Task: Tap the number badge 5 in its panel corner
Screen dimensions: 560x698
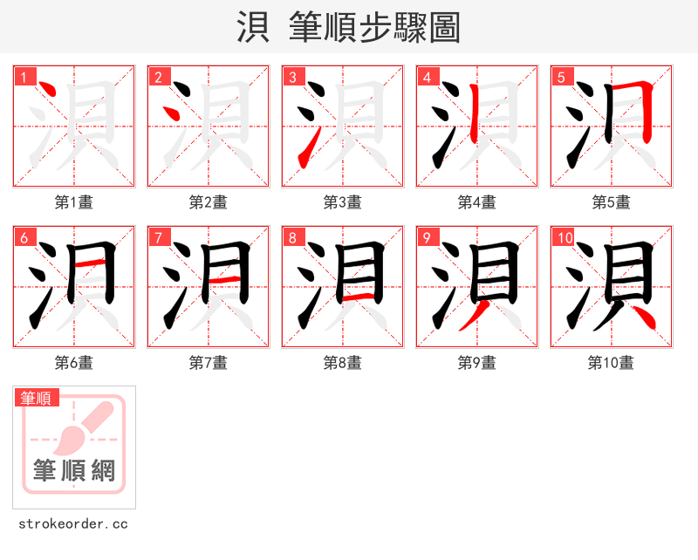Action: coord(561,77)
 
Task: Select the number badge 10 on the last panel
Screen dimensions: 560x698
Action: coord(565,237)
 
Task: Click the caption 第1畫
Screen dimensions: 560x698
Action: coord(74,202)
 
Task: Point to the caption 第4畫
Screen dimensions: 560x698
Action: coord(477,202)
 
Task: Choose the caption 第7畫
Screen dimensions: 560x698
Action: coord(209,363)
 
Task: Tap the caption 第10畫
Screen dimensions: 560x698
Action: coord(611,363)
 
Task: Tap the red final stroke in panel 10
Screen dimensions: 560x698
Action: coord(644,317)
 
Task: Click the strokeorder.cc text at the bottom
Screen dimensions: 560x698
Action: coord(73,524)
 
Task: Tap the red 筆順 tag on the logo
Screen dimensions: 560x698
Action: coord(37,398)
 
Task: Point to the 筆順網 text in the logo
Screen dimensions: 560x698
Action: coord(74,471)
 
